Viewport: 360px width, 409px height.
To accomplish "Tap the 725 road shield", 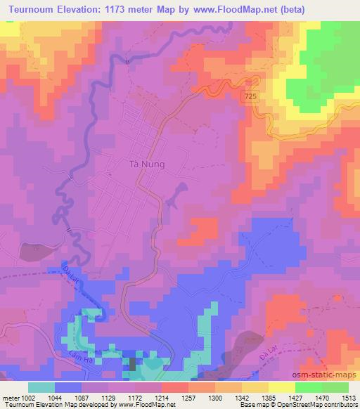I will pyautogui.click(x=252, y=93).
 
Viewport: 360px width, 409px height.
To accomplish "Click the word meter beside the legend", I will pyautogui.click(x=11, y=397).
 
